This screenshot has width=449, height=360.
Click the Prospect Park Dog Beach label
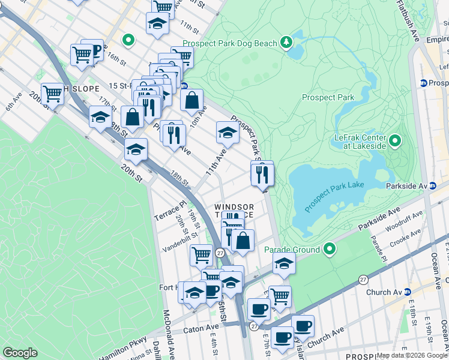[x=230, y=43]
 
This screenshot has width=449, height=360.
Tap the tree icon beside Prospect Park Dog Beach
[x=287, y=42]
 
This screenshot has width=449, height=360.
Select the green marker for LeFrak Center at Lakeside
[x=395, y=142]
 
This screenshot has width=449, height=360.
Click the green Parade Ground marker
[x=329, y=248]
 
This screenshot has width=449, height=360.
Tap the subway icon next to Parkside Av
[x=432, y=186]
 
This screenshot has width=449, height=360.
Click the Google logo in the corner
[x=20, y=353]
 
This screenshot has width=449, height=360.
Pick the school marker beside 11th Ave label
[x=228, y=132]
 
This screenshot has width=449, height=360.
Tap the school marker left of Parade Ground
[x=284, y=263]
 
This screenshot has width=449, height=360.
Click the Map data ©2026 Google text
[x=412, y=355]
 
